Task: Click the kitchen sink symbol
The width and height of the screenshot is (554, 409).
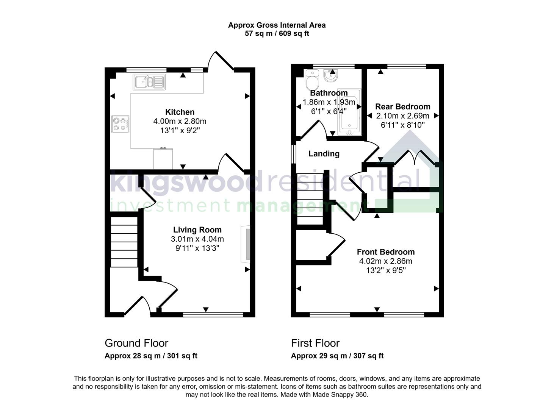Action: click(149, 82)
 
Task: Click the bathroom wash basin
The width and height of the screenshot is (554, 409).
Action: click(332, 76)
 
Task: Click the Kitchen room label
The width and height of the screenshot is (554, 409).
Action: click(180, 112)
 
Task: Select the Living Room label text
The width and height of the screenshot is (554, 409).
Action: click(197, 230)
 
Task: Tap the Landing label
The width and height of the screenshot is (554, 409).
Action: click(324, 154)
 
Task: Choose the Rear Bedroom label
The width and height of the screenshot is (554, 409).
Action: click(402, 107)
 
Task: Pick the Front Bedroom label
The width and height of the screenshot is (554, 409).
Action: click(385, 252)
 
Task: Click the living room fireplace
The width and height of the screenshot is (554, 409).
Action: click(246, 244)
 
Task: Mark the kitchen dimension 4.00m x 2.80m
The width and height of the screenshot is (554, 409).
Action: click(180, 122)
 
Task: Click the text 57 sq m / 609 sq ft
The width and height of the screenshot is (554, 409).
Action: click(277, 34)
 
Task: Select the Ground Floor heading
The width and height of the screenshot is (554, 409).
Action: click(136, 343)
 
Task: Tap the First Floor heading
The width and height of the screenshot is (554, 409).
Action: click(315, 343)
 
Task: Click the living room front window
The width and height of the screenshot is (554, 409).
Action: click(213, 314)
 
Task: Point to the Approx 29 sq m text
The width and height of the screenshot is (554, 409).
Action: click(337, 356)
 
